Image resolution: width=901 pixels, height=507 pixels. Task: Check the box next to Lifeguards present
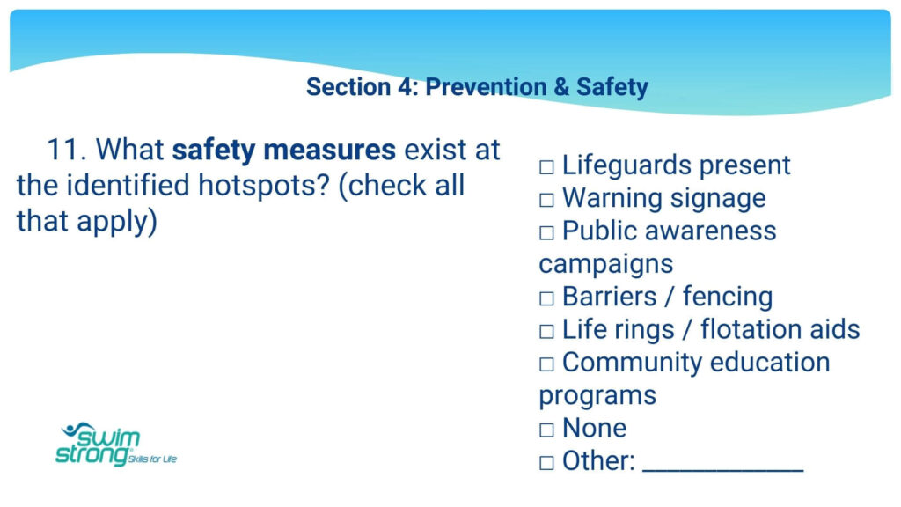[x=546, y=167]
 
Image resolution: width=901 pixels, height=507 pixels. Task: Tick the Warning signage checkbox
[x=546, y=200]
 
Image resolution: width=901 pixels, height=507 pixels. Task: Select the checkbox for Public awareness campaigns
[x=546, y=232]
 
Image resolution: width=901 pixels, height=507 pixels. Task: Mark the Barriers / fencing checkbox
[x=546, y=299]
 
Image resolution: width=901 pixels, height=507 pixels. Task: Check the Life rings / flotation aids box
[x=546, y=332]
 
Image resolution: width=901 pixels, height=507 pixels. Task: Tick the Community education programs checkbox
[x=546, y=364]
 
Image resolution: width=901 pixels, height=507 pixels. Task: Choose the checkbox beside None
[x=546, y=430]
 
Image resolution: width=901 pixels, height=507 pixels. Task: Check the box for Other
[x=546, y=463]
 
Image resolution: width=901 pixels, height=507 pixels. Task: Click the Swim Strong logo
[x=116, y=445]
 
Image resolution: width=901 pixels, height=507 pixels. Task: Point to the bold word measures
[x=329, y=151]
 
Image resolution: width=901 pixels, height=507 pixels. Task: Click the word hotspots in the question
[x=263, y=187]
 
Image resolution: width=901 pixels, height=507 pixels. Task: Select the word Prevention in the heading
[x=486, y=87]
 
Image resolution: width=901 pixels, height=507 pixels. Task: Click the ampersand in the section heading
[x=560, y=87]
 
